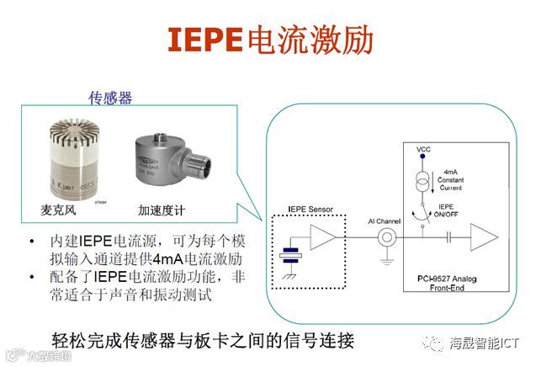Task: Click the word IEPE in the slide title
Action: click(x=204, y=40)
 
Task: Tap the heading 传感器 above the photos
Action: click(x=110, y=98)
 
